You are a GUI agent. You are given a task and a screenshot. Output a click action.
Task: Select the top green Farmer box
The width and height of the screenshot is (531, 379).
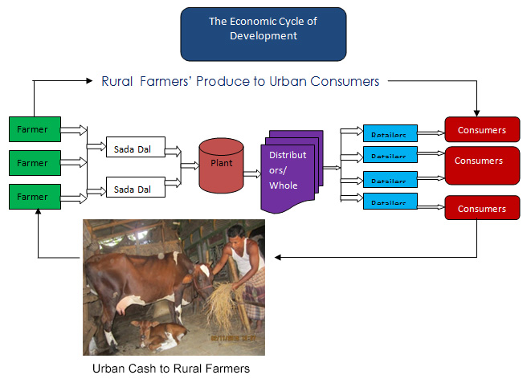coord(32,128)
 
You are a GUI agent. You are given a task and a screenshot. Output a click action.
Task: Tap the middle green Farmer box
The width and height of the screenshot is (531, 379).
coord(32,162)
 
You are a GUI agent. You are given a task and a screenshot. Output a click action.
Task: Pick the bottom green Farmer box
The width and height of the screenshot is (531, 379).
coord(32,197)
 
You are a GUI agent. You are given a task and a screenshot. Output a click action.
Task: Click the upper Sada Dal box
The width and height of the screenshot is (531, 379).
coord(135,148)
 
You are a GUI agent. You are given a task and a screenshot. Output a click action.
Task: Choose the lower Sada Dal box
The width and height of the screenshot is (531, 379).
coord(135,189)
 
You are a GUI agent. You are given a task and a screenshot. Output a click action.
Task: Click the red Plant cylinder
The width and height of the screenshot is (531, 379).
coord(222,165)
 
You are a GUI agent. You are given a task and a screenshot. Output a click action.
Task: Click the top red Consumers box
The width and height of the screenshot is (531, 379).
coord(481,129)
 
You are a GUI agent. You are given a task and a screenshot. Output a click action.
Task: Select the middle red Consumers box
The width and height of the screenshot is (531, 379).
coord(481,161)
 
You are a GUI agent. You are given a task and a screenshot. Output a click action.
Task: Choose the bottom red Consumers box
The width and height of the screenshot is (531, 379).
coord(481,208)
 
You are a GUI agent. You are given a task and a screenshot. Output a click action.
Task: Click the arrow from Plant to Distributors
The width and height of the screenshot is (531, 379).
coord(251,173)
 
